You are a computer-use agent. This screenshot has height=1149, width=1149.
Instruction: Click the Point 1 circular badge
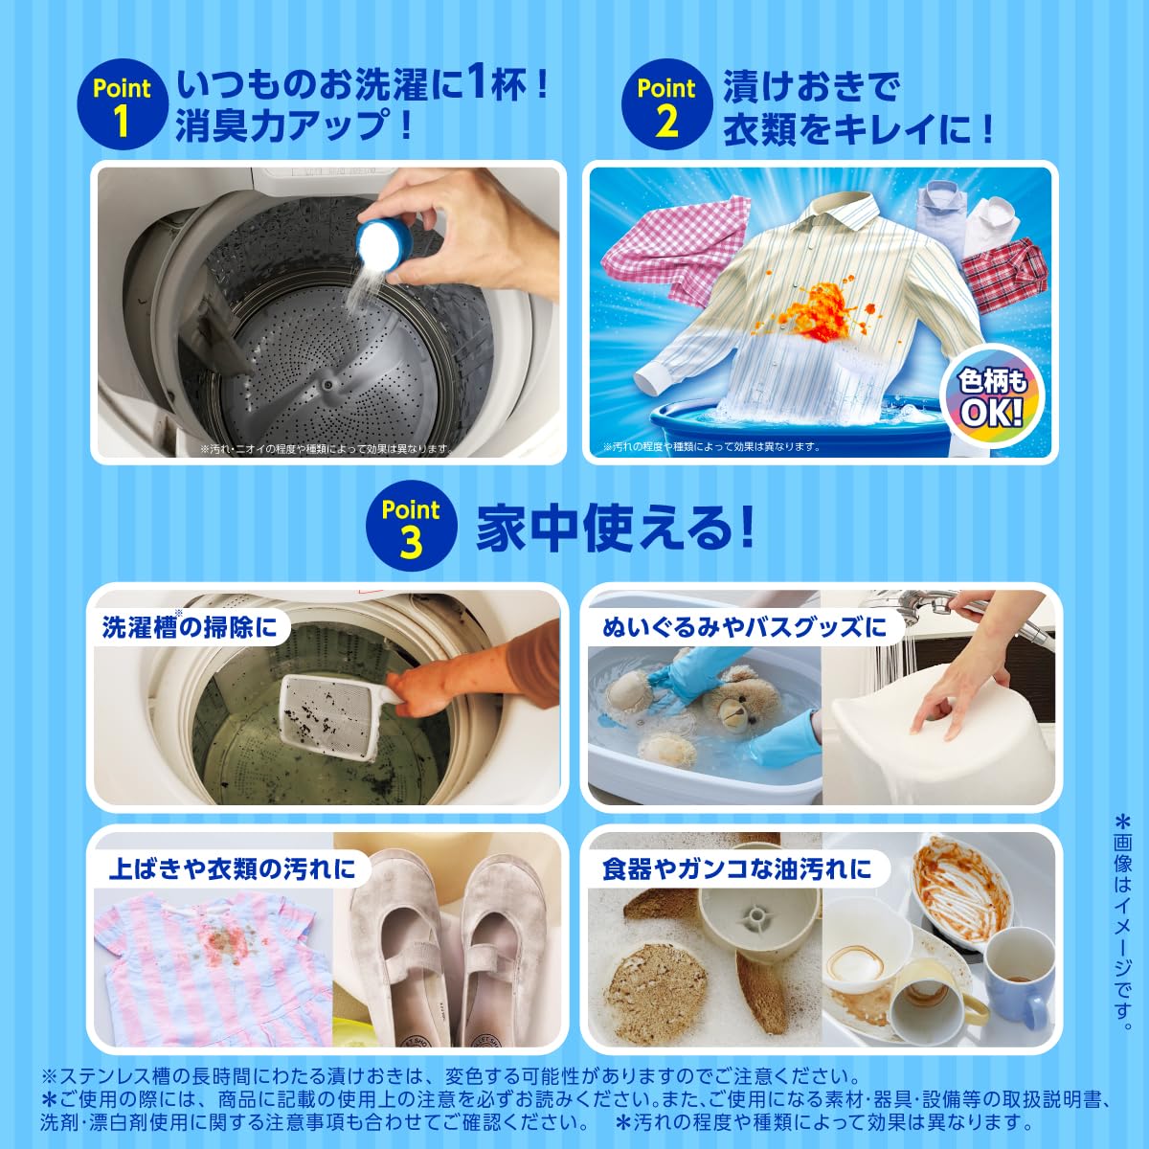pyautogui.click(x=122, y=105)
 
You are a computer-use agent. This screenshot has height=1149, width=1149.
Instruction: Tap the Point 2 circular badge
pyautogui.click(x=665, y=105)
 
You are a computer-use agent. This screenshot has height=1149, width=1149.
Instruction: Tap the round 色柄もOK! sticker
pyautogui.click(x=993, y=400)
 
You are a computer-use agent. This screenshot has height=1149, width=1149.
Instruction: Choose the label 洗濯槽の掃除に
pyautogui.click(x=189, y=627)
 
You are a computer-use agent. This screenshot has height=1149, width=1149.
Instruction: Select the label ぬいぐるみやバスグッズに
pyautogui.click(x=745, y=628)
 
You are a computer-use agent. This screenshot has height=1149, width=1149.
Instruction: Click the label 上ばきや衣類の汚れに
pyautogui.click(x=232, y=868)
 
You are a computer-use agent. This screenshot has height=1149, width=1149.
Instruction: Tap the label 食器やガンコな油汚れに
pyautogui.click(x=737, y=868)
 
